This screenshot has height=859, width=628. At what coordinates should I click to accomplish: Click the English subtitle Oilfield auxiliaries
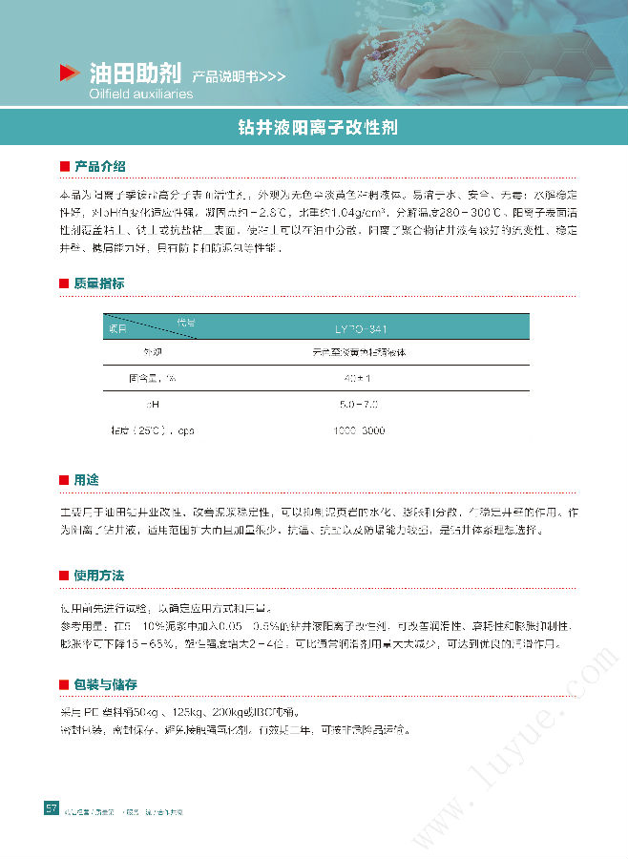[x=140, y=94]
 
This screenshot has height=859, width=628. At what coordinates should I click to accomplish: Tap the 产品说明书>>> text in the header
[x=238, y=75]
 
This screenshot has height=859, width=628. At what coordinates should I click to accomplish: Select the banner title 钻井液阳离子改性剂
[x=318, y=127]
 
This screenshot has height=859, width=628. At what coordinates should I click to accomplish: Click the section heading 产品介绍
[x=99, y=167]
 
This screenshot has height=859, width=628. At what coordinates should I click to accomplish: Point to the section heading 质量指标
[x=99, y=283]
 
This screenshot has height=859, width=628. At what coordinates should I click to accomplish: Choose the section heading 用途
[x=86, y=479]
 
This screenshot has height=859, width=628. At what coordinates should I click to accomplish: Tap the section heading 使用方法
[x=99, y=576]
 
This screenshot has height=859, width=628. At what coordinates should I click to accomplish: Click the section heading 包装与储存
[x=106, y=684]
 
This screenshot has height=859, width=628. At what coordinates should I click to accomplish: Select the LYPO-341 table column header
[x=361, y=328]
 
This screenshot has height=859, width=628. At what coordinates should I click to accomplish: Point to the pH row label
[x=152, y=405]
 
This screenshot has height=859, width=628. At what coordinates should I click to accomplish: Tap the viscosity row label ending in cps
[x=154, y=430]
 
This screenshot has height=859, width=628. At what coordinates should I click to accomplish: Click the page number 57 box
[x=52, y=808]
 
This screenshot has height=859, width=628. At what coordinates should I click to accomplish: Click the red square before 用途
[x=64, y=480]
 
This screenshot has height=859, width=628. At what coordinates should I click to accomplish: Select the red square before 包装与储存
[x=64, y=685]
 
